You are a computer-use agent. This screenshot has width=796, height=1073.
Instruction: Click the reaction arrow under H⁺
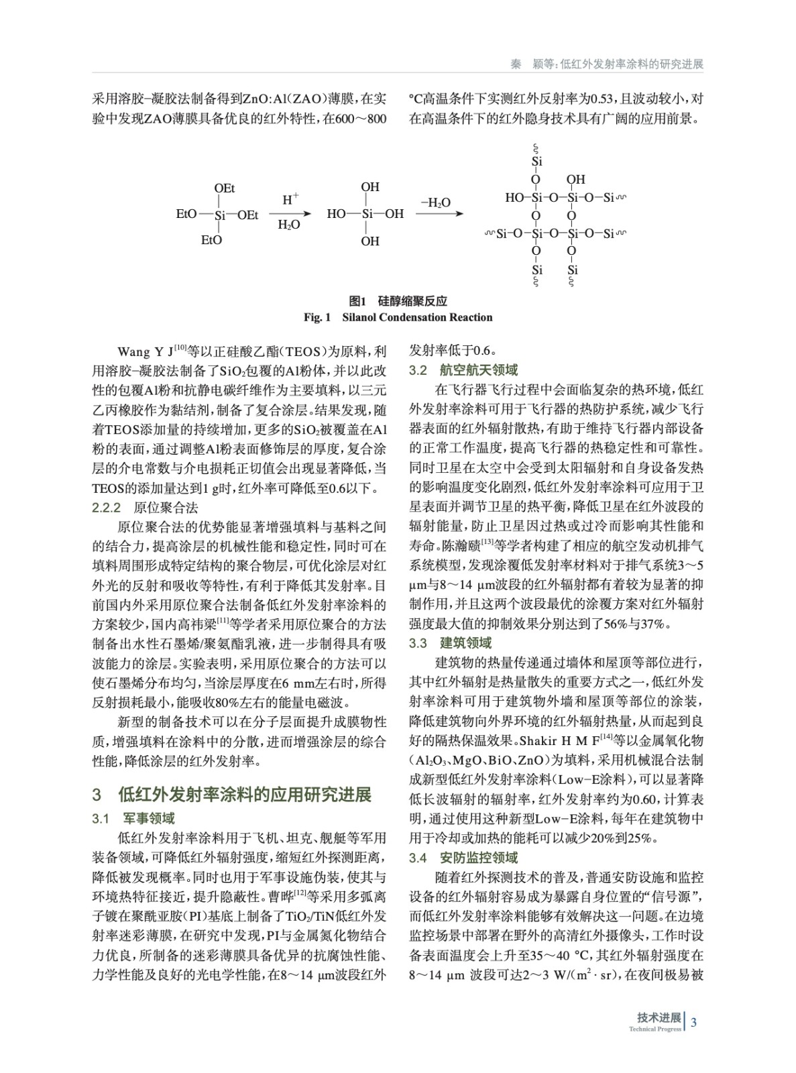coord(290,214)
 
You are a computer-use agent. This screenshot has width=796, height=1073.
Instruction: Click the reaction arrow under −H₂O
coord(439,214)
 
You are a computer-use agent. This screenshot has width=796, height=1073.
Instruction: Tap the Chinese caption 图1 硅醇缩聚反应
coord(398,301)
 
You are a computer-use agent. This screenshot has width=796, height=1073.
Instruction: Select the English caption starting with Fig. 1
coord(398,317)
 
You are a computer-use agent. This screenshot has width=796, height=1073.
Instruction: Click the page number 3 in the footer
coord(694,1022)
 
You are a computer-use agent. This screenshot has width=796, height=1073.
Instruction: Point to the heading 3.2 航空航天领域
coord(463,370)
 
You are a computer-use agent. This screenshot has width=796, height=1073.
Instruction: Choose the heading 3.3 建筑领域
coord(450,643)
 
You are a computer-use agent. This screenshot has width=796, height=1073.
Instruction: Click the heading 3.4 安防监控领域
coord(463,857)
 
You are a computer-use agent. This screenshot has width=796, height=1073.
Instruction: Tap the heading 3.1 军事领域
coord(133,818)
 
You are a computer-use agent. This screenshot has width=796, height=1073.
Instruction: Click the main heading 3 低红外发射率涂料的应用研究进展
coord(231,795)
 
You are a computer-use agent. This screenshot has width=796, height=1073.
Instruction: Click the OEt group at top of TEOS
coord(224,189)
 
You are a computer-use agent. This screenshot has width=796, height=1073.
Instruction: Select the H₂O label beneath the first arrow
coord(289,225)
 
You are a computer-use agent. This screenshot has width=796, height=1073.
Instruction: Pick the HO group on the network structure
coord(514,198)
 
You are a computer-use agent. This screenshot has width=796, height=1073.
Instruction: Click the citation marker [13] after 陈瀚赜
coord(487,541)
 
